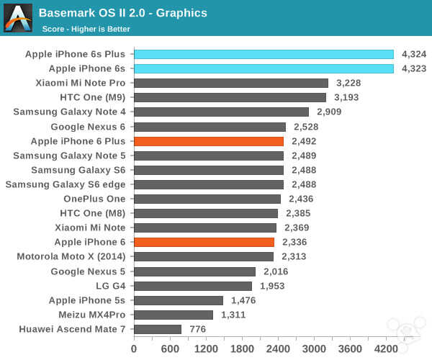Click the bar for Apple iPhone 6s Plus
click(264, 54)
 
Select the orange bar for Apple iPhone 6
click(204, 242)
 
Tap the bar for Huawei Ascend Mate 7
click(158, 329)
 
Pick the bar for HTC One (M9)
click(230, 97)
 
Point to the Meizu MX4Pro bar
click(174, 315)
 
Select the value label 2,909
click(328, 112)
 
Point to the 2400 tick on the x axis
click(278, 349)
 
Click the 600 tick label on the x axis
click(170, 349)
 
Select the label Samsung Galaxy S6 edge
click(66, 184)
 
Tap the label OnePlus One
click(94, 199)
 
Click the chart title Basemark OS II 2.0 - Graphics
click(123, 13)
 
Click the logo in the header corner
click(18, 18)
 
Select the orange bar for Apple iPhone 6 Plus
click(209, 141)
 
